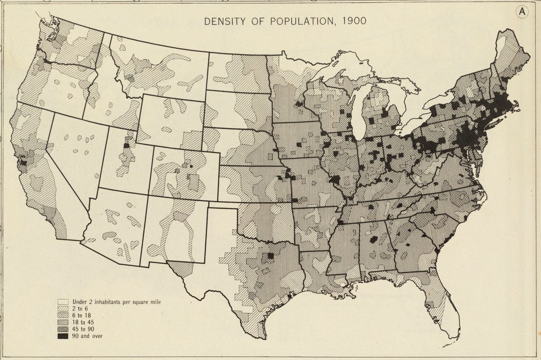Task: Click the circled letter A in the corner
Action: (x=522, y=13)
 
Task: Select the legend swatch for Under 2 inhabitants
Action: (x=63, y=302)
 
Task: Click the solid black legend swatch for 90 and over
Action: (x=63, y=336)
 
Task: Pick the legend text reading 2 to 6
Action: (x=80, y=309)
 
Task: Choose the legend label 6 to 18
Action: (x=81, y=315)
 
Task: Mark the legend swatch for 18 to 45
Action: (x=63, y=322)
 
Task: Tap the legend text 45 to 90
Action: (x=83, y=329)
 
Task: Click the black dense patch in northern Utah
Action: (x=126, y=145)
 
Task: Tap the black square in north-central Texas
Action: (x=270, y=256)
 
